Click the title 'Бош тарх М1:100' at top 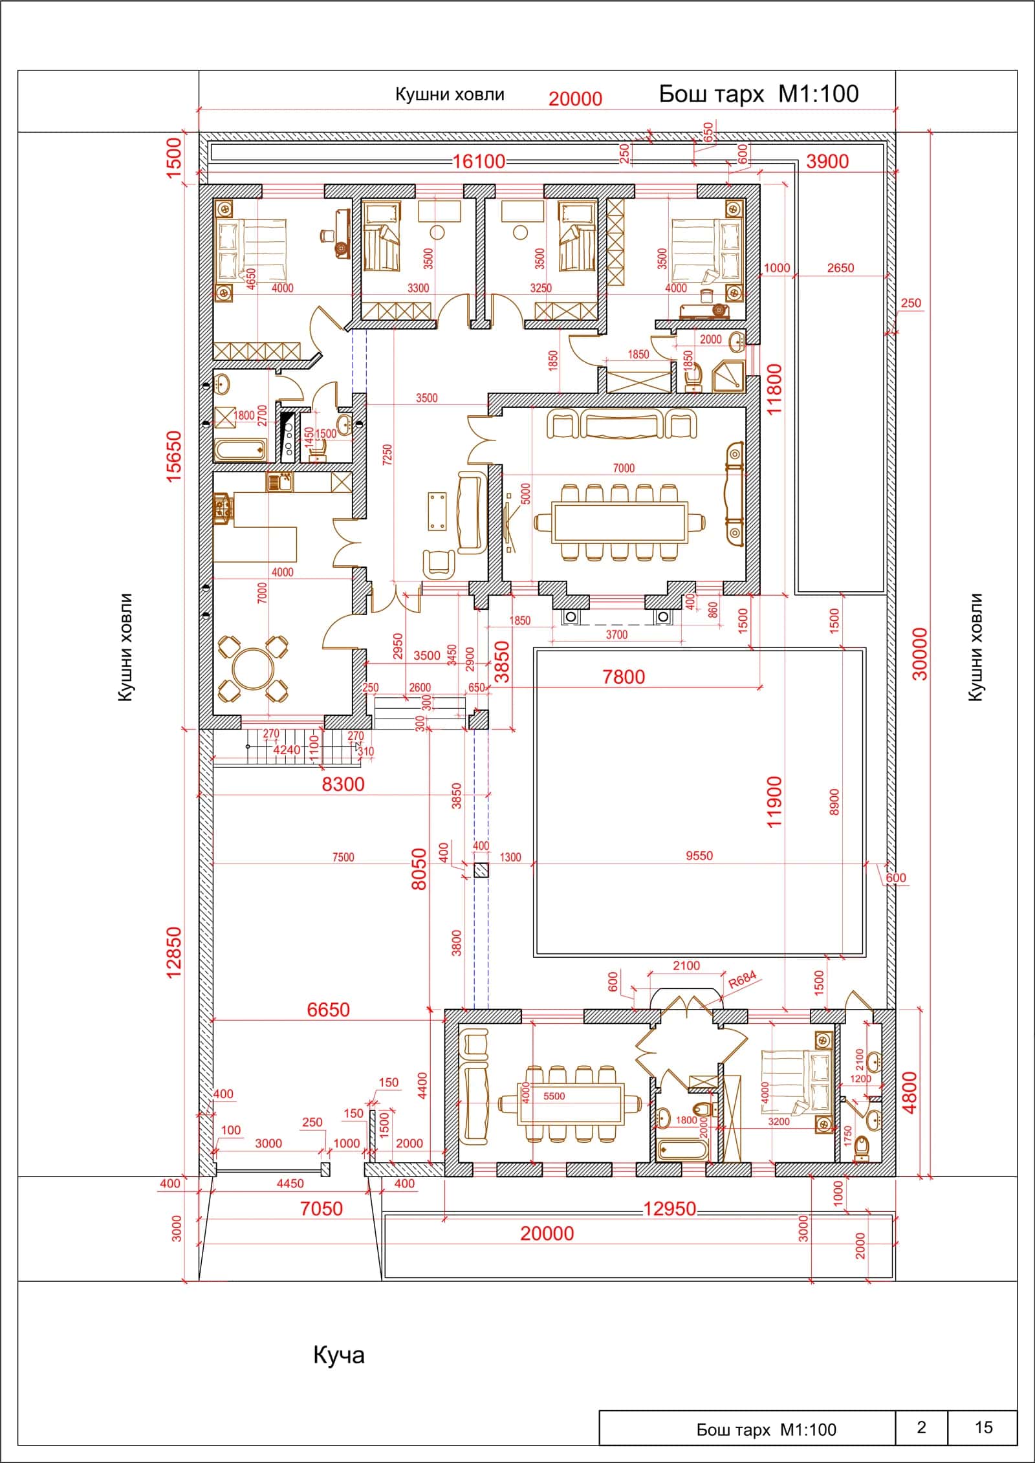(x=759, y=94)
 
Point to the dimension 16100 (x=478, y=161)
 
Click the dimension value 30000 (x=921, y=653)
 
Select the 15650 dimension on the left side (x=174, y=456)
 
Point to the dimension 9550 (x=699, y=856)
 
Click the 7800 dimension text (x=624, y=677)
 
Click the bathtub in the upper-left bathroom (x=239, y=451)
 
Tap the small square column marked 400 (x=481, y=870)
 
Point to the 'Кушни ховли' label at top (x=450, y=95)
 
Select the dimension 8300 (x=343, y=785)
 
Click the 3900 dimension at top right (x=827, y=161)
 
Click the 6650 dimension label (x=329, y=1009)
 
